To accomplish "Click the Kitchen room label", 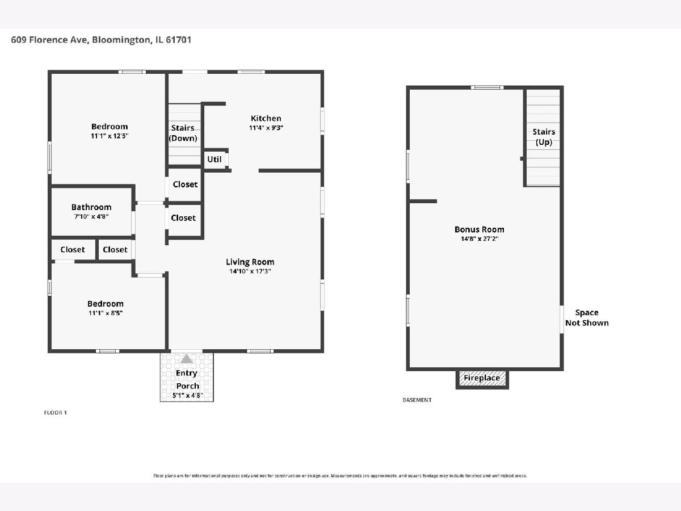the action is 266,118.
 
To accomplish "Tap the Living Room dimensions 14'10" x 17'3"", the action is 250,271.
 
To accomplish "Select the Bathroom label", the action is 91,207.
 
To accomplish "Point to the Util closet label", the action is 214,159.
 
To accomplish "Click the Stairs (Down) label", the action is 183,133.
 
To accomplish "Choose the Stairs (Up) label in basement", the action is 544,137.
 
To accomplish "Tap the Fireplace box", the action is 482,378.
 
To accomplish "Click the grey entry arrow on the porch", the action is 187,359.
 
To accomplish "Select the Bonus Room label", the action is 480,229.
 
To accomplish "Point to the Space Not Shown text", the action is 587,318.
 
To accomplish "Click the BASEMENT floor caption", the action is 417,400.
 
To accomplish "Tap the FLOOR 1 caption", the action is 55,413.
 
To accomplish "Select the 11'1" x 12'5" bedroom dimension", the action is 110,136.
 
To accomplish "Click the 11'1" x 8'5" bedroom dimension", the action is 106,313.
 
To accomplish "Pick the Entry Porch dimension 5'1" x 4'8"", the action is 188,396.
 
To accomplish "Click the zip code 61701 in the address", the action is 178,40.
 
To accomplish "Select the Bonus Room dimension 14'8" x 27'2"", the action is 480,239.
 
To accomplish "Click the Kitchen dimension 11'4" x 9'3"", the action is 266,128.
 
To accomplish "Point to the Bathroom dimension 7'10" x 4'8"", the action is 91,216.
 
